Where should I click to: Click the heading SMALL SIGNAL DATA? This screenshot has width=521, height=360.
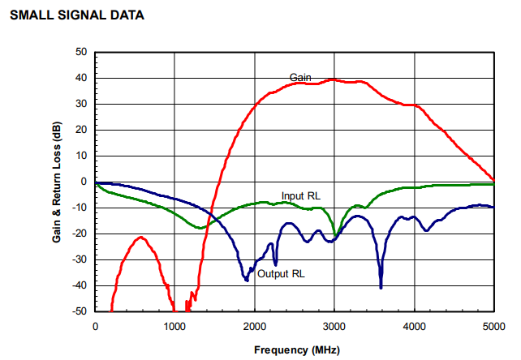coord(76,15)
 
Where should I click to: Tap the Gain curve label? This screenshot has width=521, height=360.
coord(301,77)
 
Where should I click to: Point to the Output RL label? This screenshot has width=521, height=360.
coord(281,274)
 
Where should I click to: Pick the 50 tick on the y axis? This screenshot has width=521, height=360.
coord(81,52)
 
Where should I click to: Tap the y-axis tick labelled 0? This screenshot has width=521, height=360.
coord(84,182)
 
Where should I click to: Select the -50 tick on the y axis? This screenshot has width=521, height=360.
coord(80,311)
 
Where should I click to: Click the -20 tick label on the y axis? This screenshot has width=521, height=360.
coord(80,234)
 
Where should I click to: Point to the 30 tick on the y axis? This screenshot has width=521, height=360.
coord(81,104)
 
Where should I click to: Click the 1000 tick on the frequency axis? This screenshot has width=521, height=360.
coord(175,326)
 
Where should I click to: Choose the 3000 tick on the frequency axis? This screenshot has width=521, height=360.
coord(334,326)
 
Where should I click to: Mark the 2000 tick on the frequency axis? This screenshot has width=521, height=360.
coord(255,326)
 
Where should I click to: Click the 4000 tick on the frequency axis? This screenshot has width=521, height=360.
coord(415,326)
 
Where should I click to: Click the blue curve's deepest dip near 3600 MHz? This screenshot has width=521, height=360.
coord(381,286)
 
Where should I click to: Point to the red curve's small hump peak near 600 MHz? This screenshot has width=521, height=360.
coord(142,238)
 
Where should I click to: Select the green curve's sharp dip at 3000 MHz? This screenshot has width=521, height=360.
coord(334,237)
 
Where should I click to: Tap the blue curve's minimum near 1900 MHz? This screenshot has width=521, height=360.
coord(247,280)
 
